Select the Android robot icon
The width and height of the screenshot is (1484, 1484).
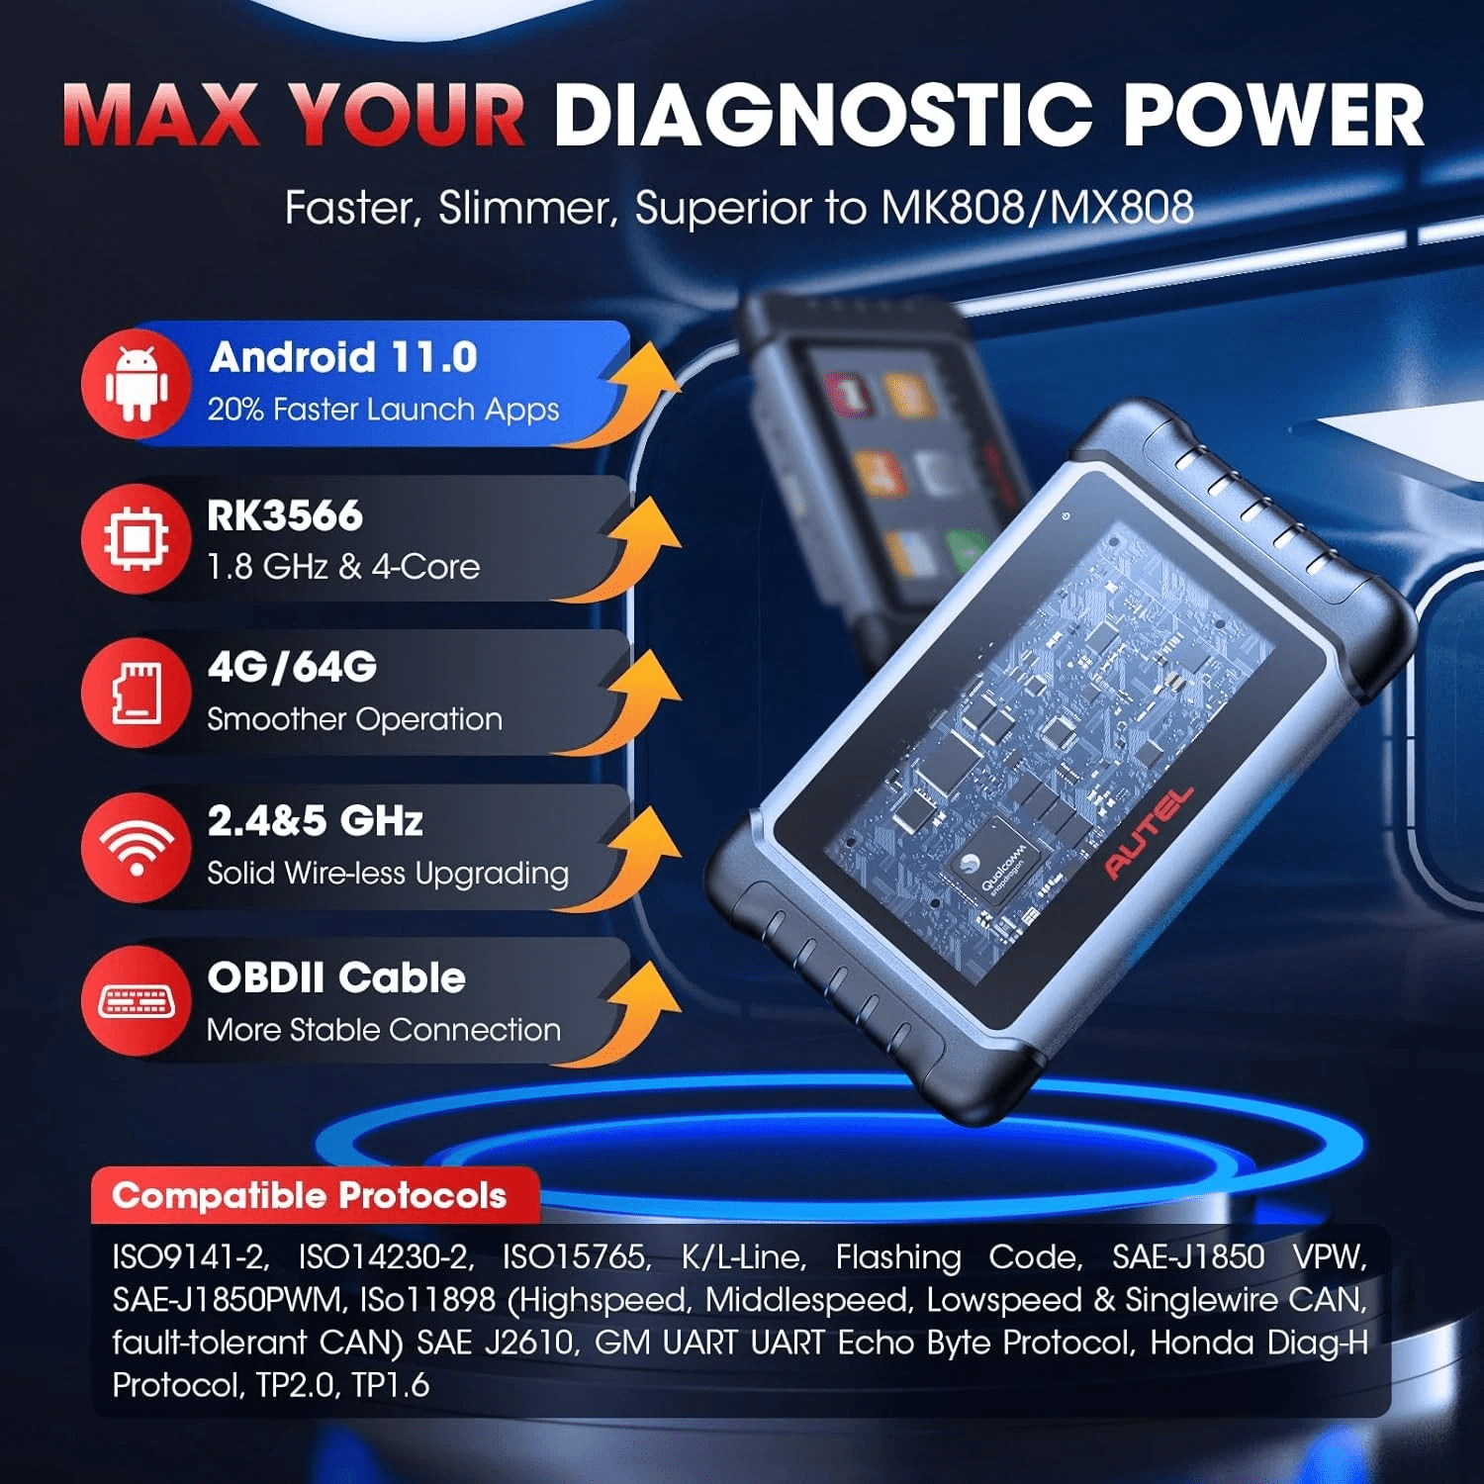pyautogui.click(x=136, y=384)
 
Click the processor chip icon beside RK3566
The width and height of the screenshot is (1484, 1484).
pyautogui.click(x=136, y=539)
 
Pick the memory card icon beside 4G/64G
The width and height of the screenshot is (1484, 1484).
pyautogui.click(x=137, y=693)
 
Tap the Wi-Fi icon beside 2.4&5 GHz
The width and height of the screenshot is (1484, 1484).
pyautogui.click(x=137, y=848)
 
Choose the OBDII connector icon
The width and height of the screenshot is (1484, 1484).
pyautogui.click(x=137, y=1001)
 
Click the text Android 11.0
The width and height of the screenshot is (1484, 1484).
pyautogui.click(x=343, y=357)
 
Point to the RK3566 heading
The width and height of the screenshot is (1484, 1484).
pyautogui.click(x=285, y=515)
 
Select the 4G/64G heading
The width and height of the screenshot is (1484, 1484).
pyautogui.click(x=292, y=668)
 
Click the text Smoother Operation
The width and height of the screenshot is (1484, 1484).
pyautogui.click(x=354, y=719)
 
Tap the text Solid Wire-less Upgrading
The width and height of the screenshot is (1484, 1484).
pyautogui.click(x=388, y=874)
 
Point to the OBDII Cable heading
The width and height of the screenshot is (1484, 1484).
pyautogui.click(x=336, y=977)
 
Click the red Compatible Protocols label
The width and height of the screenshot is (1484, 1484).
pyautogui.click(x=310, y=1196)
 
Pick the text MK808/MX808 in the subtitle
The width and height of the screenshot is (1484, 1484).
pyautogui.click(x=1037, y=208)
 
